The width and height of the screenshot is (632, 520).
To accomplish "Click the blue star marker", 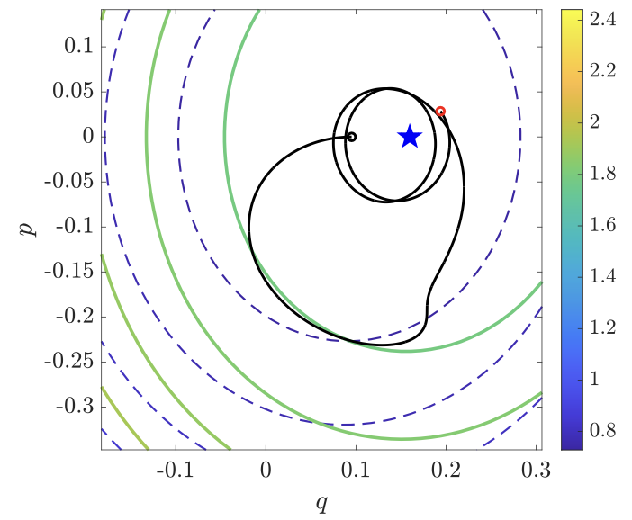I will click(410, 136).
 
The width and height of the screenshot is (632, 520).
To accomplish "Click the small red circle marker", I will click(440, 112).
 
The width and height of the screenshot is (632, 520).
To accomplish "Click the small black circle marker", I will click(352, 137).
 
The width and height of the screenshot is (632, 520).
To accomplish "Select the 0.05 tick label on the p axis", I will click(70, 91).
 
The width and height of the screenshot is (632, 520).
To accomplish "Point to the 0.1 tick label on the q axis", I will click(357, 470).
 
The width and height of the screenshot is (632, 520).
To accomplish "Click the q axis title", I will click(321, 502).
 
